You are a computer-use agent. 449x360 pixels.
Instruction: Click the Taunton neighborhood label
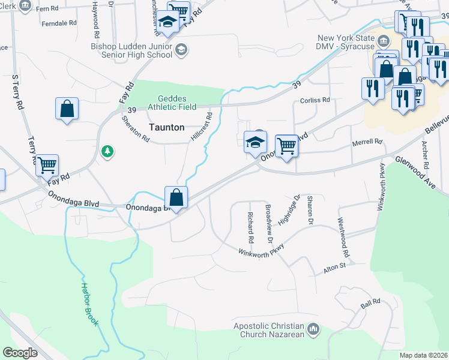coord(166,127)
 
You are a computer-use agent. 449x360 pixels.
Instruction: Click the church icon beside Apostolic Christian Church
coord(313,329)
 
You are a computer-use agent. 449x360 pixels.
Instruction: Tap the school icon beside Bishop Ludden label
coord(181,50)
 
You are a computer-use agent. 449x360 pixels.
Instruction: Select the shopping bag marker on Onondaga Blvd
coord(176,197)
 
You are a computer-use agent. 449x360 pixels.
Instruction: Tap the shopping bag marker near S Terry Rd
coord(67,109)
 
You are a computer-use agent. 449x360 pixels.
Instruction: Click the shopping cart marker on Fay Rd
coord(47,164)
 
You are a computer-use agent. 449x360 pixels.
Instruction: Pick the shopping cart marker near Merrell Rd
coord(287,145)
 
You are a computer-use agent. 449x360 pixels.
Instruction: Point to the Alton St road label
coord(335,268)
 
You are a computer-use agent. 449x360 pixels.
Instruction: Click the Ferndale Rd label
coord(60,23)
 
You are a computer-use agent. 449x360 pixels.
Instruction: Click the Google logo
coord(20,353)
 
